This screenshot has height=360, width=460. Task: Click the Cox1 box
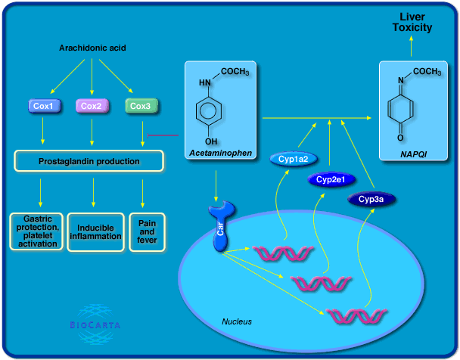[43, 106]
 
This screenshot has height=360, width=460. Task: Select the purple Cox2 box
[92, 106]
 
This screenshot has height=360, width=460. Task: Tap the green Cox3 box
[140, 106]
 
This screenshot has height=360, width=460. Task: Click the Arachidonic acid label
[92, 48]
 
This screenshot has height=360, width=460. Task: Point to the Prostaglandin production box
[89, 161]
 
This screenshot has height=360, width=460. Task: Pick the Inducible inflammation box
[95, 231]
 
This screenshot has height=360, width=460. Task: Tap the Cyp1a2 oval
[292, 159]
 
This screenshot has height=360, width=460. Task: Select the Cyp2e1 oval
[331, 180]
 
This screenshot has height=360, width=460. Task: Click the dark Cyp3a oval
[371, 198]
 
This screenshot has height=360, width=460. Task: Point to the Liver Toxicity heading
[412, 22]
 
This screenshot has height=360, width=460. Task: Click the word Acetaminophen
[221, 154]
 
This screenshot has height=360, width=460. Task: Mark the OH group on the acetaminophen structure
[213, 141]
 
